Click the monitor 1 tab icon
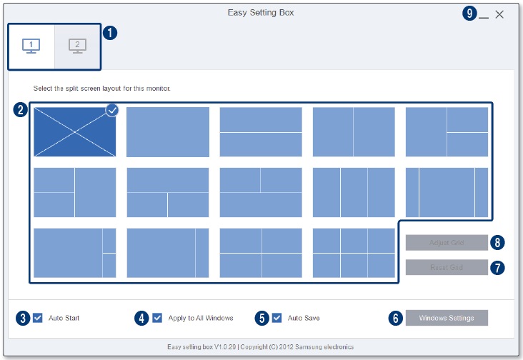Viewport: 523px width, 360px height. (31, 46)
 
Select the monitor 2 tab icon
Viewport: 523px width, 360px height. (77, 46)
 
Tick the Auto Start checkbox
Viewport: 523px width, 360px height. (38, 318)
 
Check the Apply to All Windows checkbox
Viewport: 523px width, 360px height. (157, 318)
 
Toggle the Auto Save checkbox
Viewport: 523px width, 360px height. (277, 318)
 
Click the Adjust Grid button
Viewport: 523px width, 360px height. (447, 243)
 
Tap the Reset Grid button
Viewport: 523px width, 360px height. (447, 268)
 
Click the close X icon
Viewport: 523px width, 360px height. (499, 14)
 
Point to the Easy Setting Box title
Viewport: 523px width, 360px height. (261, 13)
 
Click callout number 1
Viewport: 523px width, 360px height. (110, 33)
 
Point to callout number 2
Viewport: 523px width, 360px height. (21, 110)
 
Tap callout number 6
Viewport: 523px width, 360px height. (395, 319)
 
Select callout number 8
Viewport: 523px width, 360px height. (499, 242)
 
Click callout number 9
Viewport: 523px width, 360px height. (469, 14)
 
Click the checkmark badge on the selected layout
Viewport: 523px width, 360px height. (112, 110)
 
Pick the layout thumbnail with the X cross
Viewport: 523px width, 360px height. (74, 132)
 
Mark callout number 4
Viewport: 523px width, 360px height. (141, 319)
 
